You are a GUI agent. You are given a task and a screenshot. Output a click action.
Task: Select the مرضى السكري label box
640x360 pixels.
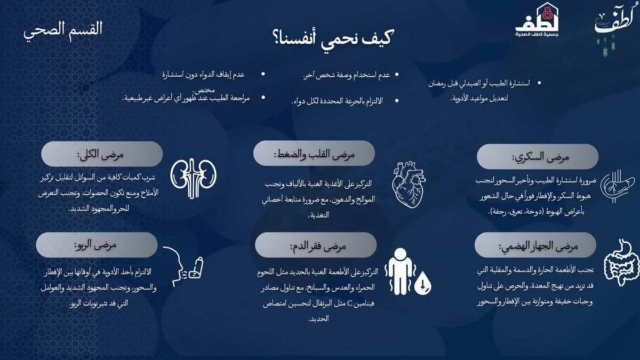pos(538,157)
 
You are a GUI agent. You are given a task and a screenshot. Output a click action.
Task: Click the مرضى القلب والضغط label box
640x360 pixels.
pos(314,154)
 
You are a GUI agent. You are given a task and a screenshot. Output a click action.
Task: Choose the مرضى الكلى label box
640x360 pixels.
pos(102,154)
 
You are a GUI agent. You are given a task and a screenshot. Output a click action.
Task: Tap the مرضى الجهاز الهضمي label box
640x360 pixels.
pos(535,246)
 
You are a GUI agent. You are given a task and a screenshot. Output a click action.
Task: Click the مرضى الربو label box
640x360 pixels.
pos(97,244)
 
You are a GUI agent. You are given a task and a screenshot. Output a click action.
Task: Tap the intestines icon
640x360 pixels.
pos(621,267)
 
